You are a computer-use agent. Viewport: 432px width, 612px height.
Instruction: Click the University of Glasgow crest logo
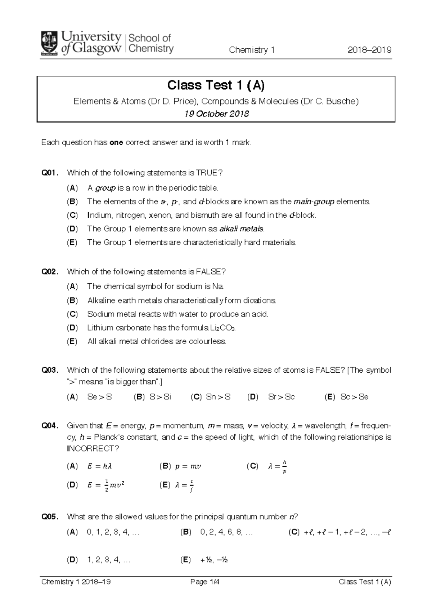[50, 43]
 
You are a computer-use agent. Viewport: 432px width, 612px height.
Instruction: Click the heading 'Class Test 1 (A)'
[216, 85]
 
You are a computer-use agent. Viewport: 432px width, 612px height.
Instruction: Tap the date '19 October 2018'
[216, 114]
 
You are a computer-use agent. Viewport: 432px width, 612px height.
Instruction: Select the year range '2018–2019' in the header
[369, 50]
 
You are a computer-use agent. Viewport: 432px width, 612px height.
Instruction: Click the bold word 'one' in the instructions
[116, 143]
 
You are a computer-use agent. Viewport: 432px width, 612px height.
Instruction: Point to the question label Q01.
[50, 173]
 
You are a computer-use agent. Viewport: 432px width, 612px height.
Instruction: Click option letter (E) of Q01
[72, 243]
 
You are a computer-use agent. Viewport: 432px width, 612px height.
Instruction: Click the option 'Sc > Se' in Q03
[354, 397]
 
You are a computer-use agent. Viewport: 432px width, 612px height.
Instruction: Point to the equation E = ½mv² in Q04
[106, 485]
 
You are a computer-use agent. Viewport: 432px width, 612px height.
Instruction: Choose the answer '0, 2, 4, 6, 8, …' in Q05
[226, 532]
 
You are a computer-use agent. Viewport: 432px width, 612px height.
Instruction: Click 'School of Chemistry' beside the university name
[150, 43]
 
